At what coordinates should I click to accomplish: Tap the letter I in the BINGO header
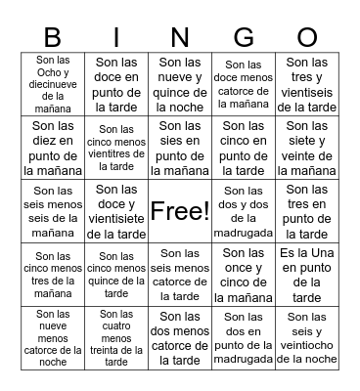coord(117,38)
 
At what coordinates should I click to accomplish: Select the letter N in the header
coord(181,38)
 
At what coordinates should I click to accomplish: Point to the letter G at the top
coord(244,38)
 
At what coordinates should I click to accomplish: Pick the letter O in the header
coord(307,38)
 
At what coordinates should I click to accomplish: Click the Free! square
coord(180,210)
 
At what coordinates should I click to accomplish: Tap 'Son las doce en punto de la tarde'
coord(117,84)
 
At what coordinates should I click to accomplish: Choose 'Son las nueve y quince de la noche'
coord(180,84)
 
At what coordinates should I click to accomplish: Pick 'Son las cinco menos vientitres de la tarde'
coord(117,148)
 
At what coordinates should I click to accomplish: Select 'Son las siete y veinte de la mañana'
coord(307,148)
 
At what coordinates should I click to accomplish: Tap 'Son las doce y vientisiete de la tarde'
coord(117,210)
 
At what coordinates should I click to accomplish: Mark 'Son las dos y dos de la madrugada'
coord(244,210)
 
